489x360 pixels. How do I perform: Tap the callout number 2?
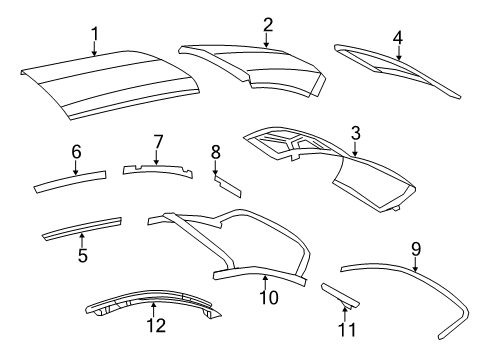267,24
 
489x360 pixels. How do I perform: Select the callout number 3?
356,133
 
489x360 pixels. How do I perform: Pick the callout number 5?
83,256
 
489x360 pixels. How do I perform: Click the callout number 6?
75,152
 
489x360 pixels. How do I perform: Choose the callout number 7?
157,142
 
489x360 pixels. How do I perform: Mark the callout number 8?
215,152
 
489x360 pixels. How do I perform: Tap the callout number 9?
416,245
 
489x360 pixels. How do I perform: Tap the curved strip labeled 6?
70,181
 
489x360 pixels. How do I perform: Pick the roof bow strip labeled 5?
80,229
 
